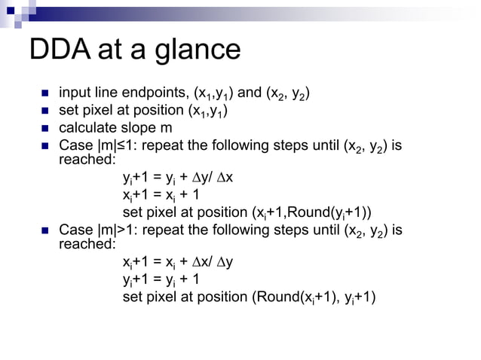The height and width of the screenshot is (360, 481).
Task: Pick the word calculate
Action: coord(86,127)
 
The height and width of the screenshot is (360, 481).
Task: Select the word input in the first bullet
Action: coord(75,94)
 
